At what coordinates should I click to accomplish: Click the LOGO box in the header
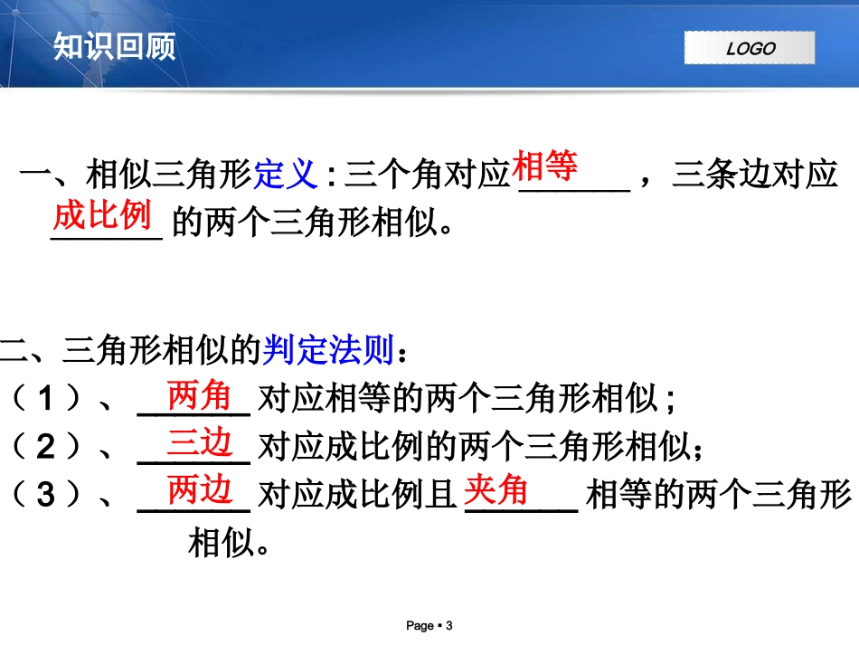tap(749, 48)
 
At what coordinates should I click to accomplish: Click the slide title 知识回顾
tap(114, 45)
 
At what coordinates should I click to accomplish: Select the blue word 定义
tap(286, 174)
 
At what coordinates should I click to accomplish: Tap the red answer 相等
tap(545, 166)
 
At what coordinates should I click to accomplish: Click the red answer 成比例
tap(101, 216)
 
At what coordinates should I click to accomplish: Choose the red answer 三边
tap(200, 443)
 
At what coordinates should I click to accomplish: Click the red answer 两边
tap(200, 491)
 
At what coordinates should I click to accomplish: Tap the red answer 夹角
tap(496, 491)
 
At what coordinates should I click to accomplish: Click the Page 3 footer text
tap(429, 625)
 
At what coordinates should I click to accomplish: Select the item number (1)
tap(44, 399)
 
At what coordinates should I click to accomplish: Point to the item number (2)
tap(44, 447)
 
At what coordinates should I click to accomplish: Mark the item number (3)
tap(44, 495)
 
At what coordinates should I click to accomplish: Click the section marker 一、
tap(52, 175)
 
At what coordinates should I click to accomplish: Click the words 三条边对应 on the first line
tap(755, 175)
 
